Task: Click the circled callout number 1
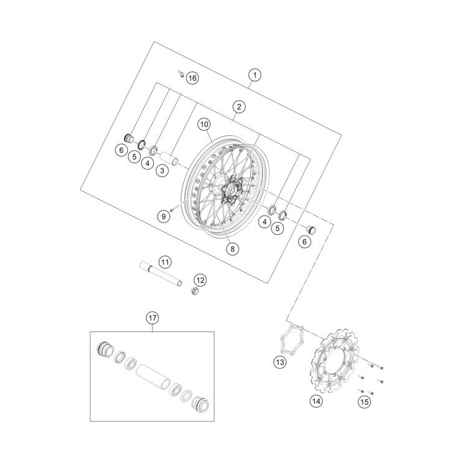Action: click(254, 75)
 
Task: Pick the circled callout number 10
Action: click(204, 125)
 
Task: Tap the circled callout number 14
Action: click(317, 401)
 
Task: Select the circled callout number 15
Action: click(365, 402)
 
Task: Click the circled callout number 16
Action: click(191, 78)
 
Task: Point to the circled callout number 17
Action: click(152, 318)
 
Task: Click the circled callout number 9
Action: click(163, 216)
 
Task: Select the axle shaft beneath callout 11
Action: click(163, 275)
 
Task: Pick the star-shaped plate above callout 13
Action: click(292, 339)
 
